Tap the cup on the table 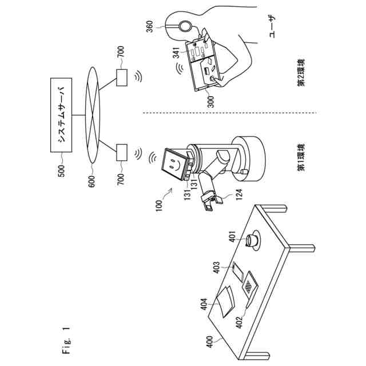click(251, 240)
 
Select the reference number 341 click(177, 53)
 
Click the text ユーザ click(273, 26)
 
